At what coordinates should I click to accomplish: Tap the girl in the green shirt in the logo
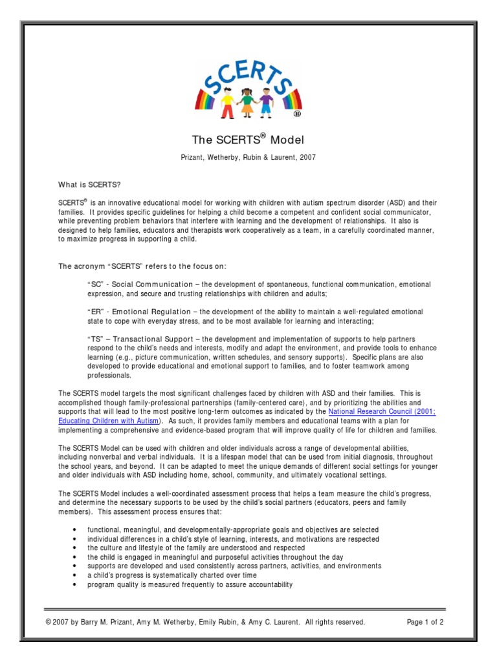248,100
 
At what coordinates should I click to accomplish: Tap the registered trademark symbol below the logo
296,114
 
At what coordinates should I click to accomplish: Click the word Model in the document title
287,140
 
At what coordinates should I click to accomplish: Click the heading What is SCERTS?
90,185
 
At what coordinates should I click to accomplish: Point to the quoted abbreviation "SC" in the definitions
94,284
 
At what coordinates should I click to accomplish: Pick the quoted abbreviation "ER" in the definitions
94,312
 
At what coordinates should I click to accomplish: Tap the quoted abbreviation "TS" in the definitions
94,339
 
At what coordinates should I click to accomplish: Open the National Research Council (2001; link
381,411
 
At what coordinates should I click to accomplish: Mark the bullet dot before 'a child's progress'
77,575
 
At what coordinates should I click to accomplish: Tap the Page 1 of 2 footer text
425,622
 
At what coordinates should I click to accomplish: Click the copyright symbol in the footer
49,622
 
